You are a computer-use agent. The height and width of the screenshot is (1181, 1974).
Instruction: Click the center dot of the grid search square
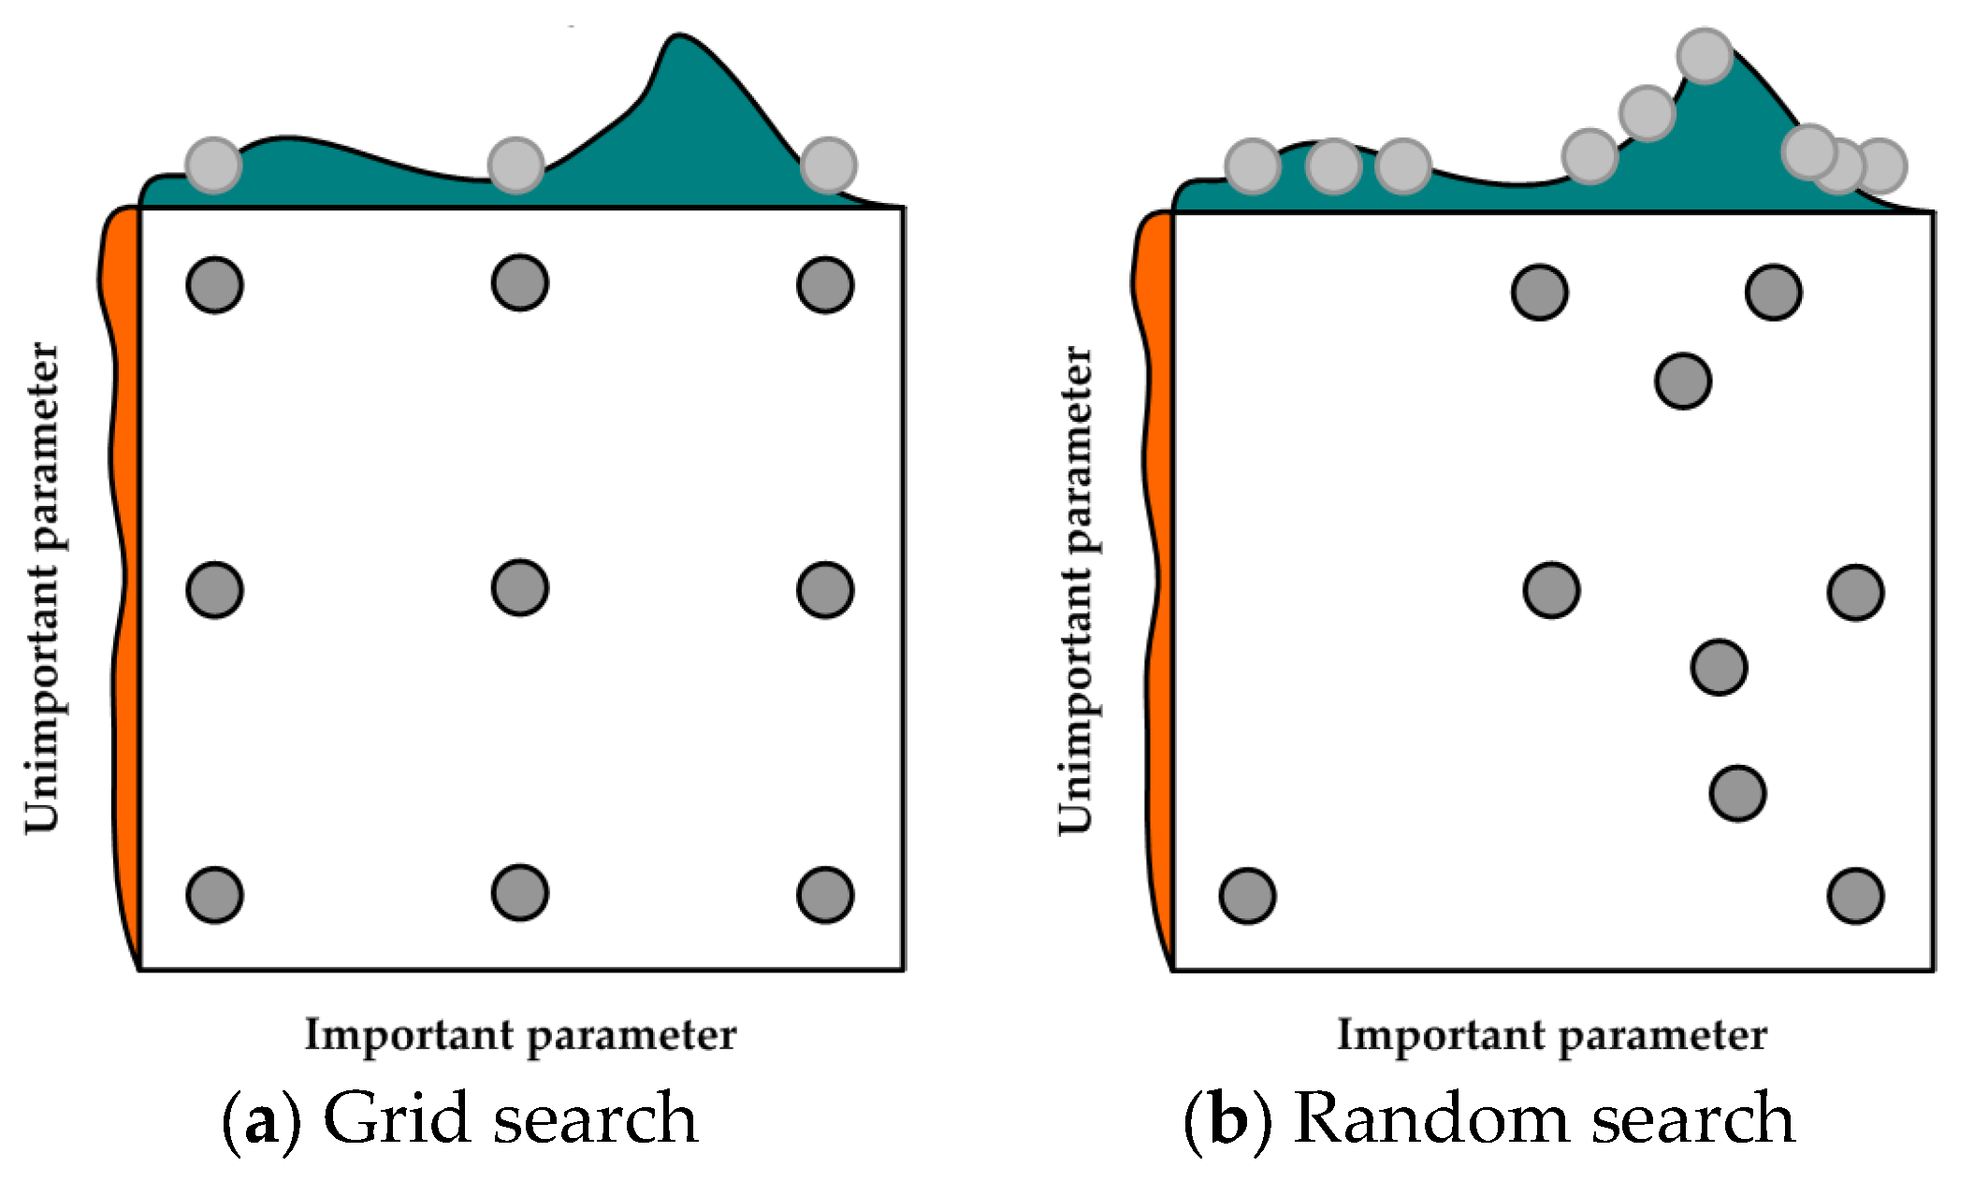pos(519,588)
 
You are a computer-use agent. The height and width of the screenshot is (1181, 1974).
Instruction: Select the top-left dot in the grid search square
pos(214,285)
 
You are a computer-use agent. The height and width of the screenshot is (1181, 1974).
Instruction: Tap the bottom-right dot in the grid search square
pos(824,895)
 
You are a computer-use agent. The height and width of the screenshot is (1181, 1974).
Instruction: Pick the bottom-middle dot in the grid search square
pos(519,893)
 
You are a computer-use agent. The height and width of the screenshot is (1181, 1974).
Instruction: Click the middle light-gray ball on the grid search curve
pos(515,166)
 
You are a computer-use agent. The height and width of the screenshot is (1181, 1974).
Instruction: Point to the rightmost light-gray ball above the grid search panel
pos(828,166)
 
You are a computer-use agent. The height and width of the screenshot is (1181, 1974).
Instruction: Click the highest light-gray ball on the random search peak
pos(1705,56)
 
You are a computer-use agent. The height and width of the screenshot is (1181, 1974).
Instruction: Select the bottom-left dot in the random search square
pos(1247,896)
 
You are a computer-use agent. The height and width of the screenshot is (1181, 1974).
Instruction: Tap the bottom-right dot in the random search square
pos(1855,896)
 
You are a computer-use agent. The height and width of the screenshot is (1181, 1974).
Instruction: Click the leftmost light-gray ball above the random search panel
pos(1252,166)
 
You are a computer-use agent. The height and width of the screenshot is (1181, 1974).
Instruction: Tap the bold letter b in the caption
pos(1228,1118)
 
